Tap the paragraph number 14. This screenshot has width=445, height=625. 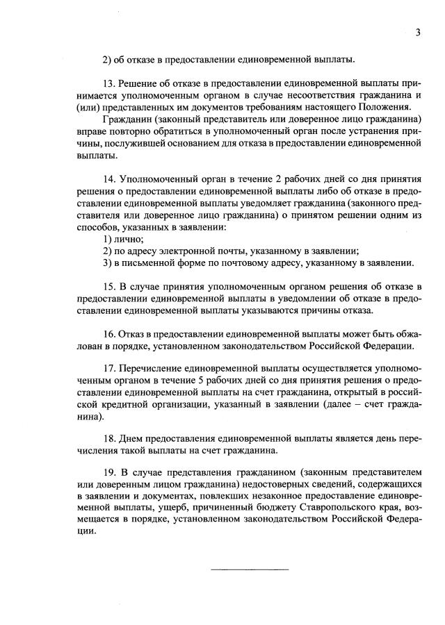(x=109, y=178)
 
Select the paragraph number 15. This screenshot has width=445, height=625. (x=109, y=286)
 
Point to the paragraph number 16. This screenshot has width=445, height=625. (x=109, y=333)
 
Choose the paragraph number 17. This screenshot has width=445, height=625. (x=109, y=368)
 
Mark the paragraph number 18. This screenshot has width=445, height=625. (x=109, y=440)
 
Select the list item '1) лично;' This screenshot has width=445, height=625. (x=119, y=239)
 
